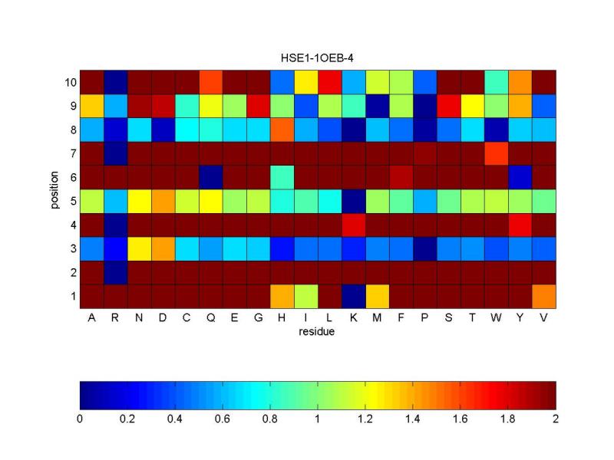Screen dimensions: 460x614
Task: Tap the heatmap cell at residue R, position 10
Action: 116,81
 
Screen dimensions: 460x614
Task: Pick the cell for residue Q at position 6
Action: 211,176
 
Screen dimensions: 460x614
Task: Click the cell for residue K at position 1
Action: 354,296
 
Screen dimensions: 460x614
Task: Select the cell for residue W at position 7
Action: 497,153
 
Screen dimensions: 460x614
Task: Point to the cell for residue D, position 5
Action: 163,201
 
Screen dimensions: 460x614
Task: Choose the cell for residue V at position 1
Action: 544,296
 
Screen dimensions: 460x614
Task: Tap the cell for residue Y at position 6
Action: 520,176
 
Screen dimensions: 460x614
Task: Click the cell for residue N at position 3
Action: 140,248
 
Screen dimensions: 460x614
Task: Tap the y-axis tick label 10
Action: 67,81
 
